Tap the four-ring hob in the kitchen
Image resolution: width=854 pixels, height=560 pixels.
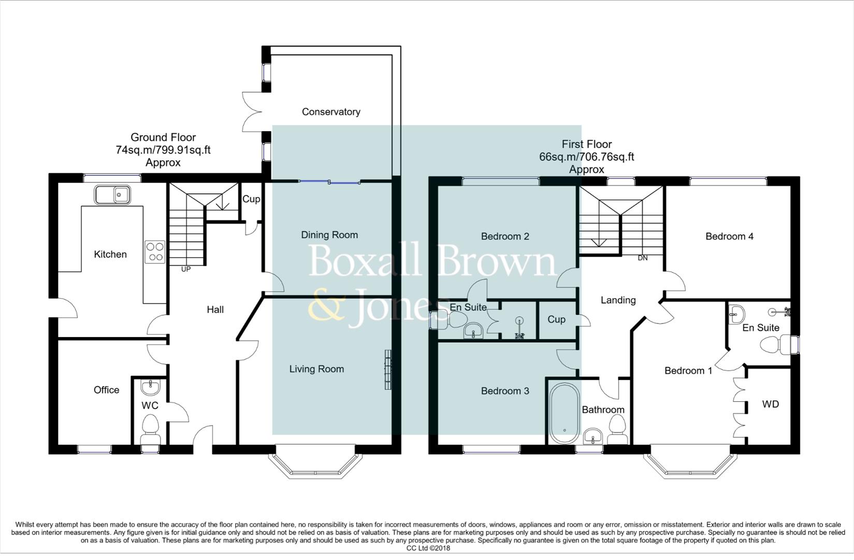[x=155, y=252]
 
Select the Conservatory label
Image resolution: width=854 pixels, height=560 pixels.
[x=331, y=111]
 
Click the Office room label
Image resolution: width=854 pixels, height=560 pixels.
[x=106, y=390]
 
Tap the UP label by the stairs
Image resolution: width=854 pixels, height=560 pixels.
[x=185, y=269]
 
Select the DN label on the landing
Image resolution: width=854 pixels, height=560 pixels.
[x=642, y=258]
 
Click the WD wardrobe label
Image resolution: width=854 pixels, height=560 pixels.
[x=770, y=404]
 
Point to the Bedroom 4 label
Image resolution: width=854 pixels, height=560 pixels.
[x=729, y=236]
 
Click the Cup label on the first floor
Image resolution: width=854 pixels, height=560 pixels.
[x=556, y=319]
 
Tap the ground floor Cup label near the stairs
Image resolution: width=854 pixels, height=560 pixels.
[x=251, y=199]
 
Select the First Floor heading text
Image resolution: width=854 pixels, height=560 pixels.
[x=586, y=144]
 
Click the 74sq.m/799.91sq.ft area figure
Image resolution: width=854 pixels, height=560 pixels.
[x=163, y=150]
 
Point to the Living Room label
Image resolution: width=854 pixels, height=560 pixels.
[x=316, y=369]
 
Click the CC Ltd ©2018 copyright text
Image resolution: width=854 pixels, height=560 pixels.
[x=428, y=548]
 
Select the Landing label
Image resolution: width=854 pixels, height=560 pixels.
[x=618, y=300]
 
